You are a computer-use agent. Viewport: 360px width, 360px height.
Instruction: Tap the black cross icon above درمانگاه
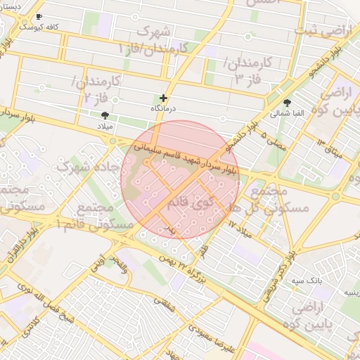[164, 98]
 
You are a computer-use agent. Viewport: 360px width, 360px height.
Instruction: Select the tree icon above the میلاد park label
[105, 115]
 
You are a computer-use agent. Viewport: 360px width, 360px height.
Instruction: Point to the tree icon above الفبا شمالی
[287, 103]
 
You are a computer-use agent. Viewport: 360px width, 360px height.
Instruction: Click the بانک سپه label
[307, 280]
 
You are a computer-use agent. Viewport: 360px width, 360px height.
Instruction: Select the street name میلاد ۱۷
[240, 226]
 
